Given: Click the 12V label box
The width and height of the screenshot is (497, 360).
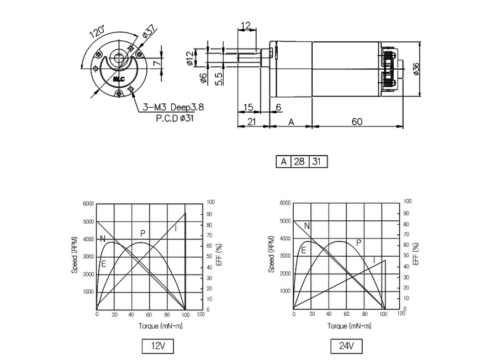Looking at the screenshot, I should tap(158, 346).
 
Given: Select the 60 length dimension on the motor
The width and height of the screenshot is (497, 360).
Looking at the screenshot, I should tap(357, 121).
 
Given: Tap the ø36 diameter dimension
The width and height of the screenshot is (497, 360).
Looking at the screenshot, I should tap(416, 69).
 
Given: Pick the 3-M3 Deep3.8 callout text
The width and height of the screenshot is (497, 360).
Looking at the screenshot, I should tap(173, 107).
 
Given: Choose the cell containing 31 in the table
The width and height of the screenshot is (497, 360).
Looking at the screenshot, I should tap(318, 162).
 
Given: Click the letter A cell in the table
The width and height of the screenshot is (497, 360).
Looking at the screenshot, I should tap(283, 162).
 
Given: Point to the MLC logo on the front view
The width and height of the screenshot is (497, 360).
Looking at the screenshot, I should tap(120, 79).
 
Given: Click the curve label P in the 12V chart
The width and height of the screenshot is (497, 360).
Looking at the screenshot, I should tap(142, 234).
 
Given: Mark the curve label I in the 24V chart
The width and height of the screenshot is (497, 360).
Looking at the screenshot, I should tap(374, 260).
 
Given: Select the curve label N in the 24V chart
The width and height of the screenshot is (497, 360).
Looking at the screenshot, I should tap(307, 226).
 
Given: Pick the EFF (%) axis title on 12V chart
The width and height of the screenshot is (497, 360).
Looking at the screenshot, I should tap(220, 255).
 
